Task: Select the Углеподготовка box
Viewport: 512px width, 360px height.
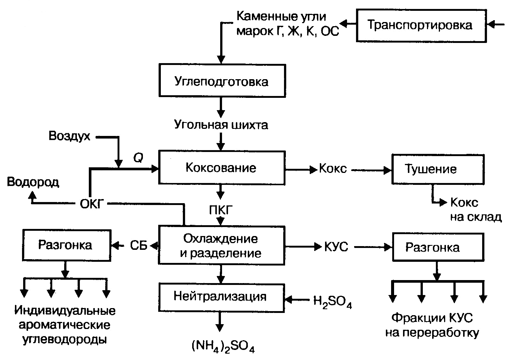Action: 221,81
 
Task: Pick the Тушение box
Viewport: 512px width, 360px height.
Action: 437,169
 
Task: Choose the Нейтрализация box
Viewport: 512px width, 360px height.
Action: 221,297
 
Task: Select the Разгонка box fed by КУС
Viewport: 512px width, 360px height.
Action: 438,247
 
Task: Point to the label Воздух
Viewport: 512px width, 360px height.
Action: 70,136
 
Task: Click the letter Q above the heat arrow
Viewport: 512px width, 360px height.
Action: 138,158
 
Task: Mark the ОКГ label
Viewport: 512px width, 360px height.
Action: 91,204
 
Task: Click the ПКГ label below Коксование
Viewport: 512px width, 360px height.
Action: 221,210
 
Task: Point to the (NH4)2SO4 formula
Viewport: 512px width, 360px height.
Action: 223,347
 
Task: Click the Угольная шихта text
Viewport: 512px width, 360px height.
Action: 221,124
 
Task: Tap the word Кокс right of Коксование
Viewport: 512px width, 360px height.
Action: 333,169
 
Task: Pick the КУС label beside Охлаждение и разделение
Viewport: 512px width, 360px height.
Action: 336,247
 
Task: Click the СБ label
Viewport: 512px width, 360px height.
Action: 139,245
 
